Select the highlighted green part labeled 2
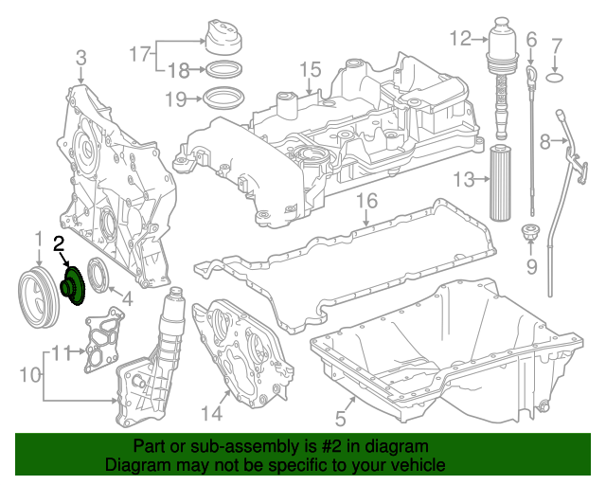[72, 285]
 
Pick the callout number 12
[460, 39]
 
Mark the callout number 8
[544, 142]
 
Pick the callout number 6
[531, 39]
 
